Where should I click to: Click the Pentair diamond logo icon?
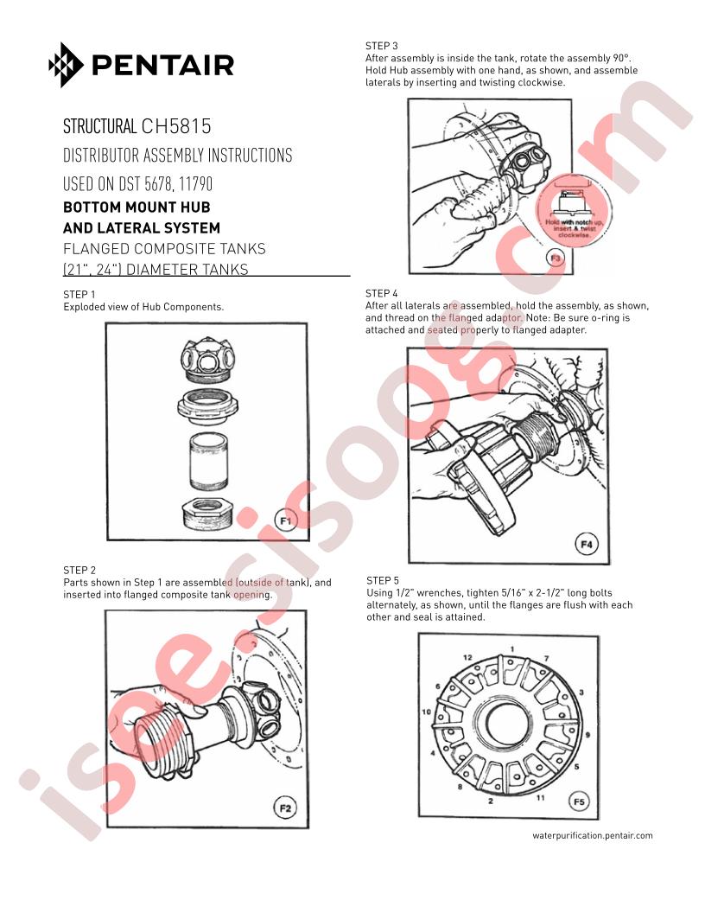click(x=66, y=65)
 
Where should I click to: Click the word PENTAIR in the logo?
click(x=163, y=65)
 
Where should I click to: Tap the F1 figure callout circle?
click(x=286, y=520)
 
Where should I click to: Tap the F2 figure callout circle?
click(x=285, y=808)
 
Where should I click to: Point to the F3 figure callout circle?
click(x=556, y=258)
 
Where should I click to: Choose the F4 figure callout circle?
click(x=587, y=545)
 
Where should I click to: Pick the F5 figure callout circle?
click(x=579, y=801)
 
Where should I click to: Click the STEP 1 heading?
click(x=79, y=295)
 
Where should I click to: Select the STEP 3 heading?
click(x=382, y=46)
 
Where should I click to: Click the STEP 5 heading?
click(x=383, y=580)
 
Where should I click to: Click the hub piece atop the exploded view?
click(x=207, y=359)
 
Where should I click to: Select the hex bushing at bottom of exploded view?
click(x=206, y=514)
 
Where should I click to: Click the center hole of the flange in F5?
click(x=508, y=725)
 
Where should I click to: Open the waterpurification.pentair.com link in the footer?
click(x=592, y=835)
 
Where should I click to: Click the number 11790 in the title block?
click(x=195, y=184)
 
